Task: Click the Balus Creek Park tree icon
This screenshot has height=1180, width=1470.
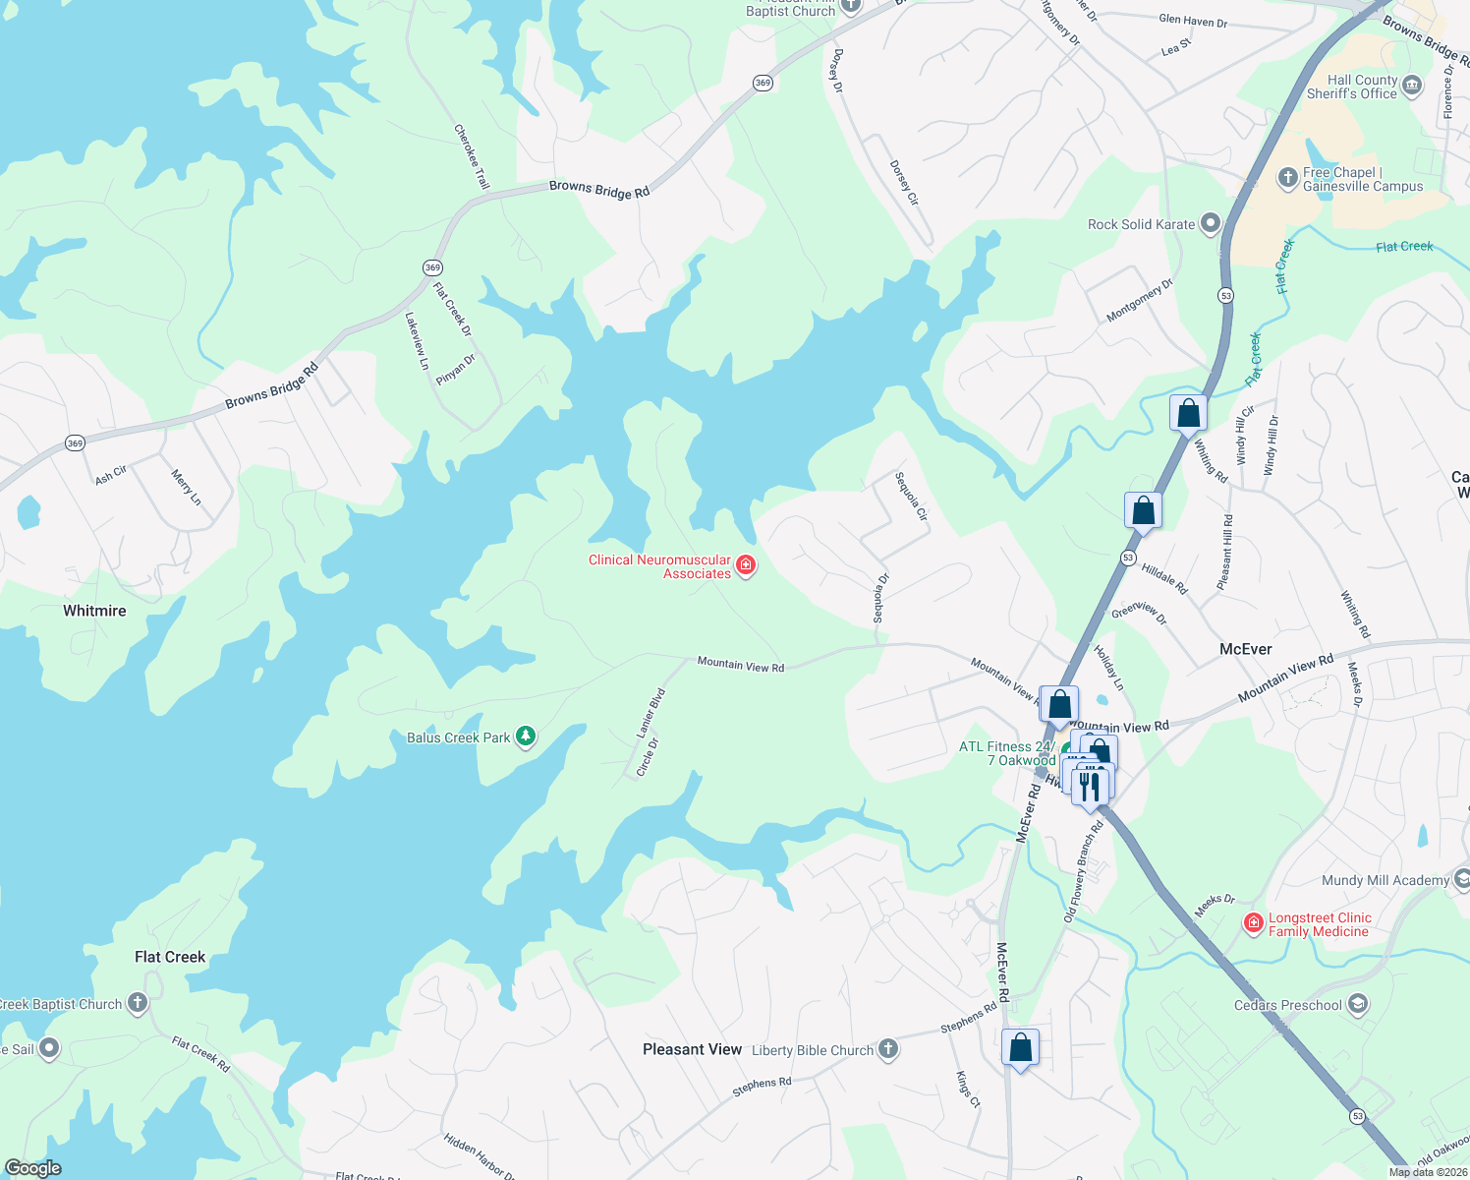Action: click(x=526, y=737)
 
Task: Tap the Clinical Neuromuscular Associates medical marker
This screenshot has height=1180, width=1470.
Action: click(x=746, y=565)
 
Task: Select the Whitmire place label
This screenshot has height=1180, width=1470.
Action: click(x=94, y=611)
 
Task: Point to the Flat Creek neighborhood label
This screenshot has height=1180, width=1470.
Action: click(x=170, y=957)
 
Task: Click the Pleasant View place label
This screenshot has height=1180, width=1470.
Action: click(x=692, y=1049)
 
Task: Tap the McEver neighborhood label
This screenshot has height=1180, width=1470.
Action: click(x=1245, y=649)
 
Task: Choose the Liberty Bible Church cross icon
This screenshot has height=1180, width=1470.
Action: click(x=887, y=1049)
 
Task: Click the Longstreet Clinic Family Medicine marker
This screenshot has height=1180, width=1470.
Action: click(x=1253, y=923)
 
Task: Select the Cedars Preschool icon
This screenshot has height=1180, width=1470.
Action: click(x=1358, y=1004)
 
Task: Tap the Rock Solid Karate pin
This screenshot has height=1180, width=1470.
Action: click(x=1211, y=224)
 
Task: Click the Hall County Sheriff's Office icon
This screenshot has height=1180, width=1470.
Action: click(x=1412, y=86)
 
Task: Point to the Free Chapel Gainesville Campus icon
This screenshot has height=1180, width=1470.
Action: click(x=1287, y=178)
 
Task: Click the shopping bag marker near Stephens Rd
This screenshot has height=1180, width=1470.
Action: click(x=1020, y=1048)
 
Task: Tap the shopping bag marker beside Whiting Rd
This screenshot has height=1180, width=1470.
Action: click(x=1188, y=413)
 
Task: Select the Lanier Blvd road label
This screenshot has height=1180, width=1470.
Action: click(x=651, y=713)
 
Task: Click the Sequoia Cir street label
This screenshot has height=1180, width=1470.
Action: click(x=911, y=497)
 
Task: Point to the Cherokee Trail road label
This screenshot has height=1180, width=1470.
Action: click(x=472, y=156)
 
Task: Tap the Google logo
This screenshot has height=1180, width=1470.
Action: click(x=33, y=1168)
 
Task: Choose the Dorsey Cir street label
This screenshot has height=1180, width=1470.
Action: click(x=904, y=183)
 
